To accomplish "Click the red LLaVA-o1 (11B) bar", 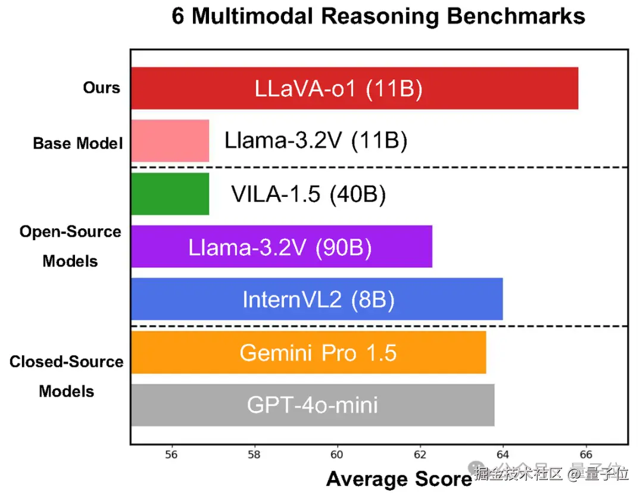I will (354, 88).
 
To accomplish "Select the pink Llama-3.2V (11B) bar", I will (170, 141).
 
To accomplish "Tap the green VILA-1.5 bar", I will (170, 193).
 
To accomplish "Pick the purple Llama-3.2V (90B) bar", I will (281, 246).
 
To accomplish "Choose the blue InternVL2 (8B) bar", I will (317, 299).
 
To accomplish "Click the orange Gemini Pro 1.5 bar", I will (308, 352).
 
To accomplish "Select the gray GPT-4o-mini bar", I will (313, 405).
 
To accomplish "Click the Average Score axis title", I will (399, 479).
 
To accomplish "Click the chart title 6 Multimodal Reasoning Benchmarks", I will (379, 16).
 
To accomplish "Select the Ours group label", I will (101, 88).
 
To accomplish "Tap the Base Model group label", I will (77, 143).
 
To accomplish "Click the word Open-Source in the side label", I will (70, 231).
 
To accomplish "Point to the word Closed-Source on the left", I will (67, 362).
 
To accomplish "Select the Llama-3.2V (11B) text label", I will (316, 141).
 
